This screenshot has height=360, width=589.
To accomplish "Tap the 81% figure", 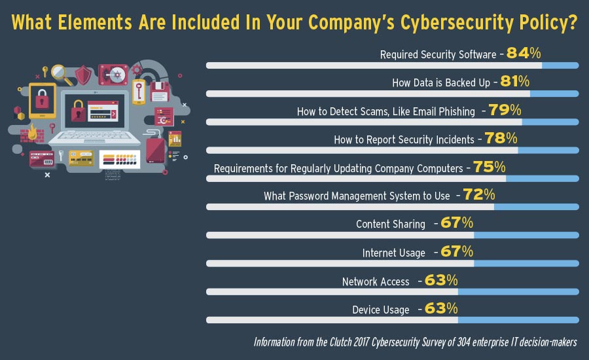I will click(515, 82).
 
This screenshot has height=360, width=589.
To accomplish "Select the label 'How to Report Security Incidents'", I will click(404, 139).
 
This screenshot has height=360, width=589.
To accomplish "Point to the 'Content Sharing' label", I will click(391, 224).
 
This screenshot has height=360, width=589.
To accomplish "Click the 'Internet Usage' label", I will click(394, 253).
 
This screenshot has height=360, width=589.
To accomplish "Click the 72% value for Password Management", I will click(479, 195).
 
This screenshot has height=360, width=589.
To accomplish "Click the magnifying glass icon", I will click(61, 71).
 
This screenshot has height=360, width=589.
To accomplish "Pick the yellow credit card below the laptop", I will click(81, 159).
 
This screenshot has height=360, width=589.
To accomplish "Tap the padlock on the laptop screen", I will click(79, 110).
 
